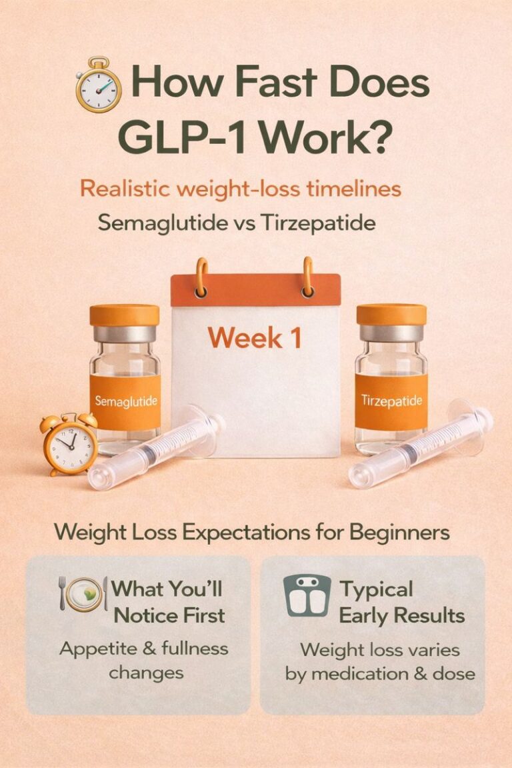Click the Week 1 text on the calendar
point(254,338)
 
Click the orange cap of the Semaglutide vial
point(125,315)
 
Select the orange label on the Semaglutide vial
point(126,401)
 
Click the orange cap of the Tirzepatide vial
point(391,315)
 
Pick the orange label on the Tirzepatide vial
point(391,401)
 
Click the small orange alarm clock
point(69,443)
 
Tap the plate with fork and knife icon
point(83,593)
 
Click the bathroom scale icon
point(307,595)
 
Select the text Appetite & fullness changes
point(143,659)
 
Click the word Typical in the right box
point(377,589)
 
